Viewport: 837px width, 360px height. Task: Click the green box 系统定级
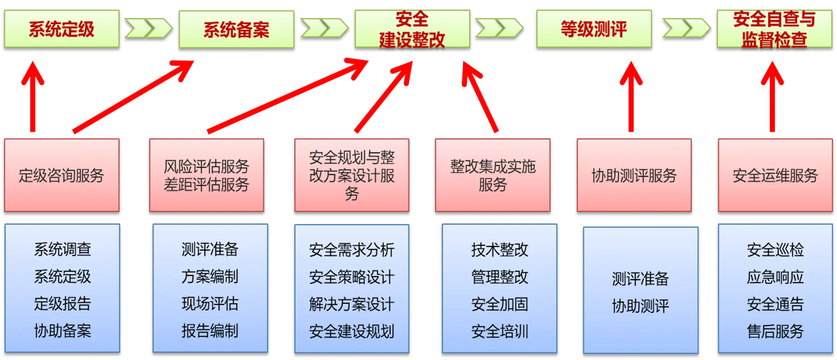(62, 29)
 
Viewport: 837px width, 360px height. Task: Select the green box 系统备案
(236, 29)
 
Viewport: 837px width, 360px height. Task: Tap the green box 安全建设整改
(412, 29)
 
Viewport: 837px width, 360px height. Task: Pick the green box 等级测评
(594, 29)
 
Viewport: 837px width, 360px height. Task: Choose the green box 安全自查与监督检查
(774, 29)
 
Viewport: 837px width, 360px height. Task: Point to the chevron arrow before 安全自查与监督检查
(685, 28)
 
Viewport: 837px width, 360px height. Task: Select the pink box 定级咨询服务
(62, 175)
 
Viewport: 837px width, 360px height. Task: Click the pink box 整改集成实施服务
(492, 175)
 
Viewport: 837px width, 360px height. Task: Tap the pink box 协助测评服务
(634, 175)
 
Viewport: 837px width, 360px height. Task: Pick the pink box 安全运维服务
(775, 175)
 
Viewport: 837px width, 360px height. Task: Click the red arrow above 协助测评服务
(631, 97)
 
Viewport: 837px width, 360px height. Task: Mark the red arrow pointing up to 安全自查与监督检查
(772, 97)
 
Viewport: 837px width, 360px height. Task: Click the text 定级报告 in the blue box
(63, 304)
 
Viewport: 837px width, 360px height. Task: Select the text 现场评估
(210, 304)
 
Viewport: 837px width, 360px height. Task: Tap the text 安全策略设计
(351, 277)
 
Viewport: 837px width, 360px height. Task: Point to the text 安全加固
(499, 304)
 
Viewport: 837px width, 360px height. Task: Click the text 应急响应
(775, 277)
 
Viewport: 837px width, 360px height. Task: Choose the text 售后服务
(775, 331)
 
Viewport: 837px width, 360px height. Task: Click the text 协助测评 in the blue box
(640, 306)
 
